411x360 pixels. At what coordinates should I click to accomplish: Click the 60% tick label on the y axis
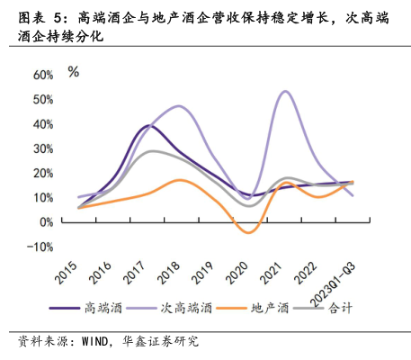pos(43,75)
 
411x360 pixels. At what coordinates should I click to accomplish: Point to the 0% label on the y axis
pos(47,222)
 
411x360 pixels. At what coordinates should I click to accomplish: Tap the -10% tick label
pos(40,247)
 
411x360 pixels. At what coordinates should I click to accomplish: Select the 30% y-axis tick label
pos(43,148)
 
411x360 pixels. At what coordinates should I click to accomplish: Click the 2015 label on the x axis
pos(66,273)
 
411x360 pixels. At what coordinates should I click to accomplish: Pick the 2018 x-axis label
pos(169,273)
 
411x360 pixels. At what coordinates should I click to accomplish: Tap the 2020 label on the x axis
pos(237,273)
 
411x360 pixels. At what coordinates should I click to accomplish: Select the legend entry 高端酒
pos(103,308)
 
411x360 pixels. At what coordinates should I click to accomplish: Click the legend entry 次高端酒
pos(186,308)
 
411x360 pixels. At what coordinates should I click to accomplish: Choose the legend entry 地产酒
pos(270,308)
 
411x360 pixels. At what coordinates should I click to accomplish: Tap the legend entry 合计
pos(340,308)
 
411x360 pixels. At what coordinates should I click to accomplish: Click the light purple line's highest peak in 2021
pos(285,91)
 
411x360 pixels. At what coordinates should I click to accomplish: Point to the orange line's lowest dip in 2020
pos(249,232)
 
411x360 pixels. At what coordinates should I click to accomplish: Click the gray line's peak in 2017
pos(152,151)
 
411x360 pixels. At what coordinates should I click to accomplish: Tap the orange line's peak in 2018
pos(179,180)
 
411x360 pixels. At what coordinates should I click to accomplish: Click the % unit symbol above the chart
pos(74,72)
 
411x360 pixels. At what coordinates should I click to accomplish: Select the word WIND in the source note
pos(94,342)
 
